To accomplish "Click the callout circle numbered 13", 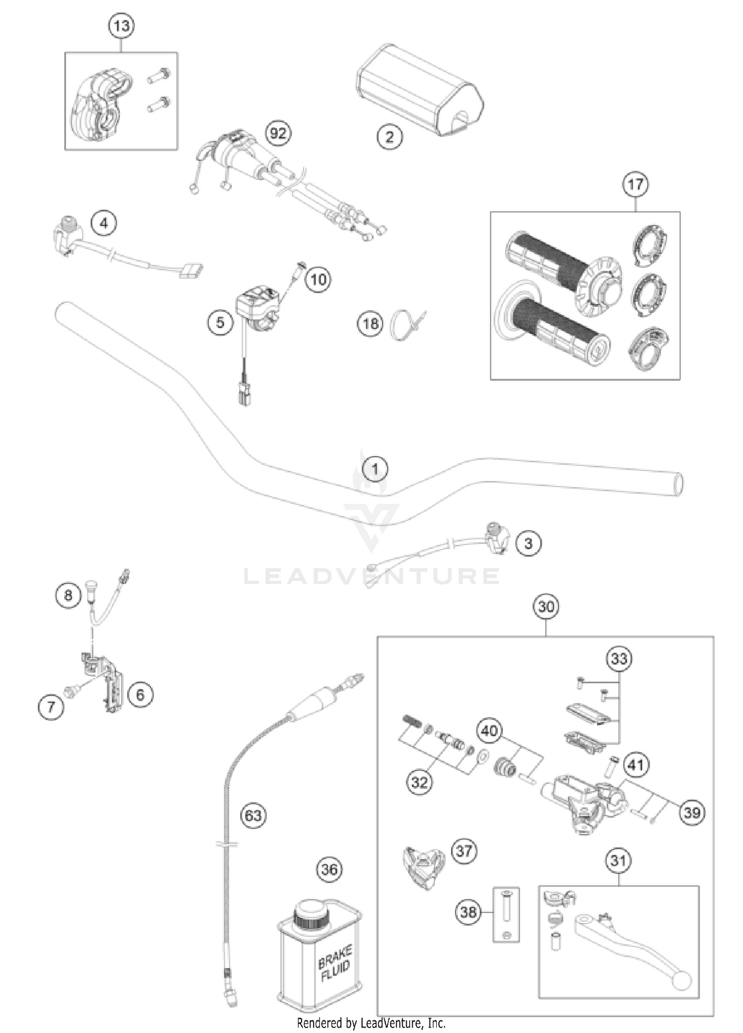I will [x=121, y=25].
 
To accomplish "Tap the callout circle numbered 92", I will [x=278, y=133].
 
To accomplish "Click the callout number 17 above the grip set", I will [x=635, y=184].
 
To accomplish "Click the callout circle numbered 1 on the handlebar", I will [x=375, y=469].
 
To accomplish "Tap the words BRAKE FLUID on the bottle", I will [x=335, y=964].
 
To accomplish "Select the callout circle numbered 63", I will [x=253, y=816].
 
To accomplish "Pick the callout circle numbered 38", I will [x=468, y=912].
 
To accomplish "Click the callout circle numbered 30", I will [x=546, y=606].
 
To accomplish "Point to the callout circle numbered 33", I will [x=619, y=659].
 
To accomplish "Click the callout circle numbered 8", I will [x=68, y=595].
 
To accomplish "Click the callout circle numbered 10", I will [x=318, y=279].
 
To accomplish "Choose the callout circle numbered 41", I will [x=636, y=765].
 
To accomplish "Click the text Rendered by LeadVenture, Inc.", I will [x=371, y=1023].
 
